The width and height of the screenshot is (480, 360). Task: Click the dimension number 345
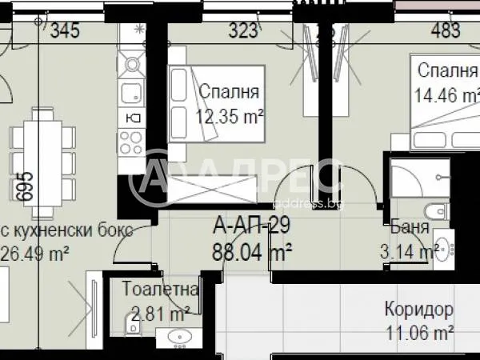tap(66, 31)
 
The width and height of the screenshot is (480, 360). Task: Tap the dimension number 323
tap(243, 31)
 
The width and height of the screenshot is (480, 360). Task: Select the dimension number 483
tap(446, 31)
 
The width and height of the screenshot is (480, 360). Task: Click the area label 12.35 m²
tap(230, 116)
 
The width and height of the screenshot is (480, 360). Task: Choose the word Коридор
tap(418, 310)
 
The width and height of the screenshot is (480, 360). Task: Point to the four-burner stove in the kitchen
tap(130, 142)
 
